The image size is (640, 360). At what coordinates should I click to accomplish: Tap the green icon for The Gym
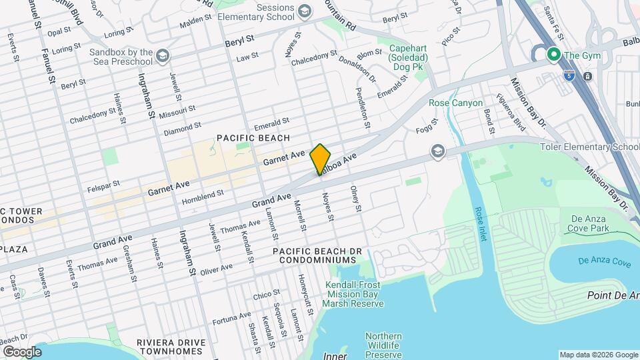coord(552,55)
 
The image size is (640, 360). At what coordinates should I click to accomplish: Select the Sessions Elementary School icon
coord(305,11)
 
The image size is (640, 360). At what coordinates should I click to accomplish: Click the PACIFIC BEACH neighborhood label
coord(253,138)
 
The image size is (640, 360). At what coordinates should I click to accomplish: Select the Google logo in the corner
coord(22,351)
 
